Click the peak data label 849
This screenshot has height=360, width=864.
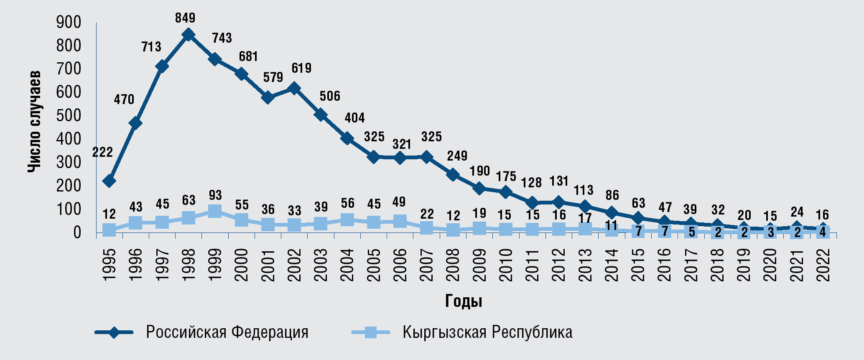[x=185, y=18]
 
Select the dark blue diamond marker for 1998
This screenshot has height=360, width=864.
[x=188, y=35]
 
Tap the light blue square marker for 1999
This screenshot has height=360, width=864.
[x=215, y=211]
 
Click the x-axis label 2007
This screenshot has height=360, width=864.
[x=426, y=265]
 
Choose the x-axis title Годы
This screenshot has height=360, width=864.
[x=464, y=301]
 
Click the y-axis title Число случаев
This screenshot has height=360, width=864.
[x=35, y=121]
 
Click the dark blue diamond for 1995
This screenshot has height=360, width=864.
[x=109, y=181]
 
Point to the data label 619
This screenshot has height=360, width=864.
[x=301, y=68]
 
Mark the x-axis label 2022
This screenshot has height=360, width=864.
[x=823, y=265]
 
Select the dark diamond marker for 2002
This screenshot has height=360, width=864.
[x=294, y=88]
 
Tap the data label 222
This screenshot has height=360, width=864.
[x=102, y=152]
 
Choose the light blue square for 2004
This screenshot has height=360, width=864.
[x=347, y=220]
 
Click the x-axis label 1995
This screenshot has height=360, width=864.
[x=109, y=265]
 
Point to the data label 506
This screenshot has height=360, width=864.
[x=330, y=96]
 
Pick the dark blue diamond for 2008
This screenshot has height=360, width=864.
[x=453, y=174]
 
